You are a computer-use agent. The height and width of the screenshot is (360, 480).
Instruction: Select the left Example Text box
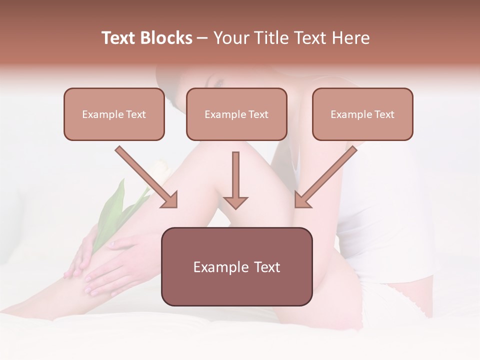click(114, 114)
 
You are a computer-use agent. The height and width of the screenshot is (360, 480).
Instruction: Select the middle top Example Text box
click(236, 114)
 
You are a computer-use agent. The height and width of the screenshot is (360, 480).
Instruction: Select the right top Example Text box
click(362, 114)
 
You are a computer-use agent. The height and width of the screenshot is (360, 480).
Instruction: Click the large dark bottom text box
click(236, 266)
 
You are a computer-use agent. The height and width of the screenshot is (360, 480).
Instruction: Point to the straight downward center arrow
click(235, 175)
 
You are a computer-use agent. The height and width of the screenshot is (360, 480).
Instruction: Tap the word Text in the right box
click(384, 114)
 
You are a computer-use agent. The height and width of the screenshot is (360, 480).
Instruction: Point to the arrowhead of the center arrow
click(235, 202)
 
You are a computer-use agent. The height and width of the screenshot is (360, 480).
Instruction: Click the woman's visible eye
click(218, 84)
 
